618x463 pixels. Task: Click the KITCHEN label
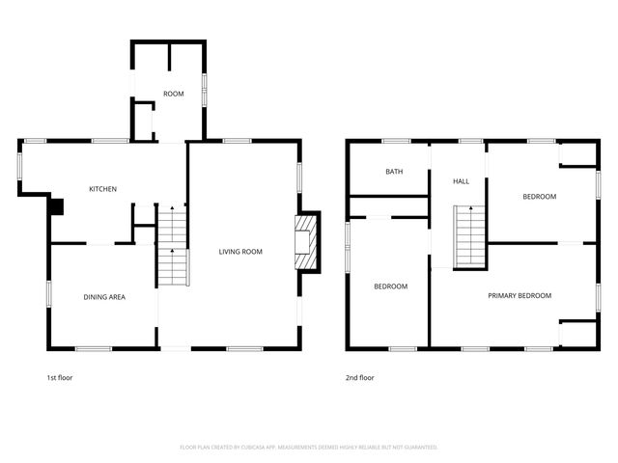pos(103,189)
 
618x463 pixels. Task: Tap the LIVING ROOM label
pos(240,252)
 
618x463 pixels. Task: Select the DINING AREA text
pos(103,296)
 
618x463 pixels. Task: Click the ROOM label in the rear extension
pos(173,94)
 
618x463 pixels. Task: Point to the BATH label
pos(394,172)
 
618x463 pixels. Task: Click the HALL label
pos(461,180)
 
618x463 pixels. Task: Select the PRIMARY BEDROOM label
pos(520,295)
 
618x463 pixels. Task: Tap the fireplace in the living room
pos(305,241)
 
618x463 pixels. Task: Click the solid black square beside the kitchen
pos(56,205)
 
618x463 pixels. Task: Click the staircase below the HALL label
pos(468,236)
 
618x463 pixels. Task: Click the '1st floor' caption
pos(60,377)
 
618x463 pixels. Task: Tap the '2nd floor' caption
pos(360,377)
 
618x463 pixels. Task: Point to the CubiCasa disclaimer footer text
pos(309,447)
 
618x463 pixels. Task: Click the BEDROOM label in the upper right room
pos(539,197)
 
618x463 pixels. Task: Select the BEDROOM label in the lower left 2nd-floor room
pos(390,286)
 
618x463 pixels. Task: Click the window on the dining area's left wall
pos(48,293)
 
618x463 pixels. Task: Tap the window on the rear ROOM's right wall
pos(204,90)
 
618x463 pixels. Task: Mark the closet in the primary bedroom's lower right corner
pos(577,334)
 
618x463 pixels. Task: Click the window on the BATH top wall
pos(396,141)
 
